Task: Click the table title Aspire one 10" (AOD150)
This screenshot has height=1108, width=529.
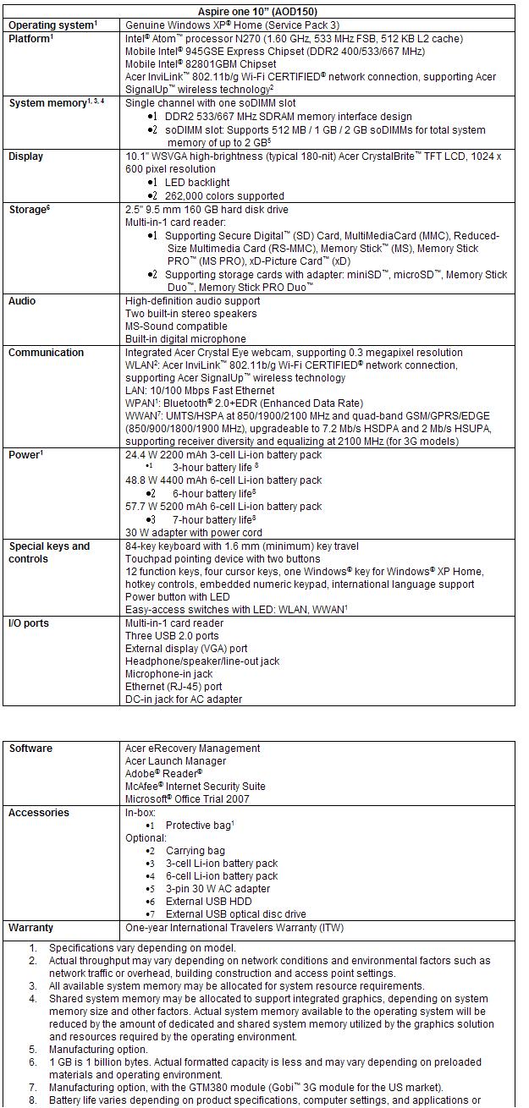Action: (x=262, y=11)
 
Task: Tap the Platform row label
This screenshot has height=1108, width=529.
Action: (x=30, y=38)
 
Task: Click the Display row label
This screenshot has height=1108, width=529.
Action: (x=26, y=156)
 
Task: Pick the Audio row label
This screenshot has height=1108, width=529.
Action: (x=22, y=301)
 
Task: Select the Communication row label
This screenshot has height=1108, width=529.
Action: (x=46, y=353)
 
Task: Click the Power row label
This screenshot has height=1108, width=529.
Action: (x=25, y=455)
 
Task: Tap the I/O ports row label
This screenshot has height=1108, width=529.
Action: (x=29, y=623)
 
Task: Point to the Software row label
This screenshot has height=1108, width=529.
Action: (x=30, y=749)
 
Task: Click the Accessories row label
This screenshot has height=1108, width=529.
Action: (x=39, y=813)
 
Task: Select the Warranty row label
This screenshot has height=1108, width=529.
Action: (x=30, y=928)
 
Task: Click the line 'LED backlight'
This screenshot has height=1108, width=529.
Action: (x=197, y=183)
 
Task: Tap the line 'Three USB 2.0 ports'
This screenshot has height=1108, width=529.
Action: (x=172, y=636)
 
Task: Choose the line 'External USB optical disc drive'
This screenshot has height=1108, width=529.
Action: (x=236, y=914)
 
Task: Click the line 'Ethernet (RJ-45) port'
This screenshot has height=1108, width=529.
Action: (x=174, y=687)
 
